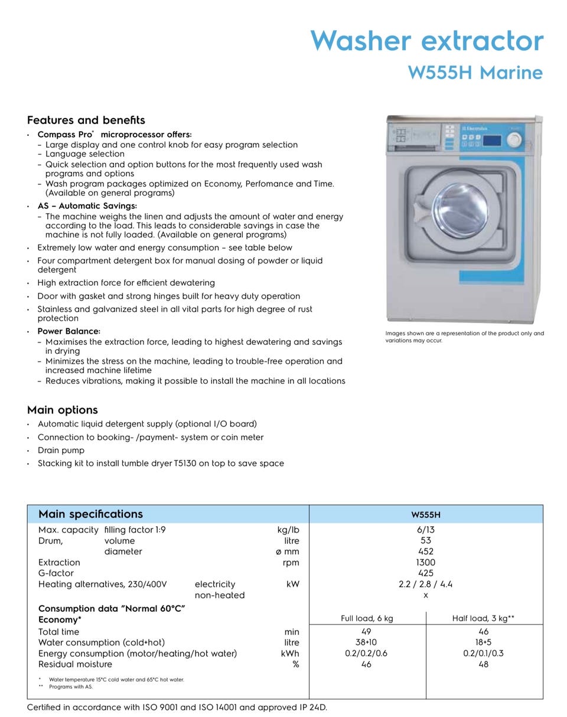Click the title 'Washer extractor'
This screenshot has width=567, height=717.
(426, 41)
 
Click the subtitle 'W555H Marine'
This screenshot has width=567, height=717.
(475, 73)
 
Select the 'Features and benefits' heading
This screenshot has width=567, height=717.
(86, 120)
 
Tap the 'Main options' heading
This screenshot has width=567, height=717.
(62, 410)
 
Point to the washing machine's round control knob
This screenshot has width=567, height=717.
(514, 140)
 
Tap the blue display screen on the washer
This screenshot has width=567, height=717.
(492, 141)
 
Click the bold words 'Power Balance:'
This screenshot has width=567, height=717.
(69, 331)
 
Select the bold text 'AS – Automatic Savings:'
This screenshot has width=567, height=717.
(87, 206)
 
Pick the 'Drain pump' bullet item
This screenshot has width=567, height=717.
(61, 450)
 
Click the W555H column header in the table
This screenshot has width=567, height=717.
(426, 514)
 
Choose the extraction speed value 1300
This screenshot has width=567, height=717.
(425, 562)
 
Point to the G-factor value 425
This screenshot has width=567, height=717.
(425, 573)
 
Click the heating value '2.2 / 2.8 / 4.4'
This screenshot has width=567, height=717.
(425, 584)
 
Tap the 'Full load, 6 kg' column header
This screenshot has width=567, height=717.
(367, 618)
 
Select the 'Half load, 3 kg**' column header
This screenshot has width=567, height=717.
(483, 618)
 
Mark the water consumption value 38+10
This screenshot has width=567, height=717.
(366, 643)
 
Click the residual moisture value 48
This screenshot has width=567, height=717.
(483, 664)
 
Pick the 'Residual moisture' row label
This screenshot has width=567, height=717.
(75, 664)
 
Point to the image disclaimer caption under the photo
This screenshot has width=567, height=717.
(464, 337)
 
